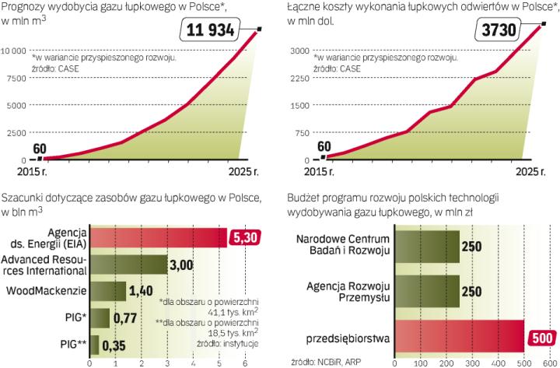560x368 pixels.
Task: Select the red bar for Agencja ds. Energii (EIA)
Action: point(159,238)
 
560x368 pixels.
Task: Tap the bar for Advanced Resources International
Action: point(129,265)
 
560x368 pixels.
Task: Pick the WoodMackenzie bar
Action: point(109,292)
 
